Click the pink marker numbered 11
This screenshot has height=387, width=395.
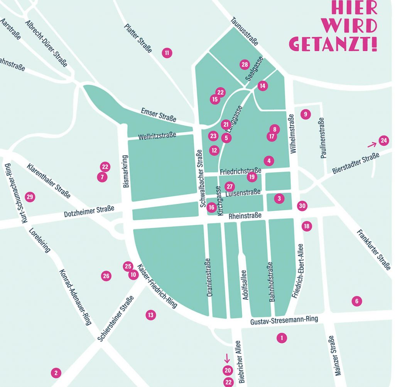coord(167,53)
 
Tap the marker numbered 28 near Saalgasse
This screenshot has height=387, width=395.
coord(245,64)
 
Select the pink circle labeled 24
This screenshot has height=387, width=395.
coord(384,141)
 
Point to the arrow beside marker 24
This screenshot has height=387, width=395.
coord(371,145)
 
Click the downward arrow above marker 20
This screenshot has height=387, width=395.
coord(227,358)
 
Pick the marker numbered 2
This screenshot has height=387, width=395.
coord(56,373)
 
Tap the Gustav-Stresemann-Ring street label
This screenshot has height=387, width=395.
coord(284,320)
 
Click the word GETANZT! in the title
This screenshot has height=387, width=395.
coord(333,44)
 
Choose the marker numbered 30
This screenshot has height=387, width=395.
coord(302,206)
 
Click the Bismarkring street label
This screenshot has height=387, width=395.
coord(125,171)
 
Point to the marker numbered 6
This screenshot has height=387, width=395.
coord(357,301)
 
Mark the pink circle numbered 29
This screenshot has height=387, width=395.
coord(30,197)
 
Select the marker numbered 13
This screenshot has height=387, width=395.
coord(151,315)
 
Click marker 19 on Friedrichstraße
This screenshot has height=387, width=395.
coord(252,177)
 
